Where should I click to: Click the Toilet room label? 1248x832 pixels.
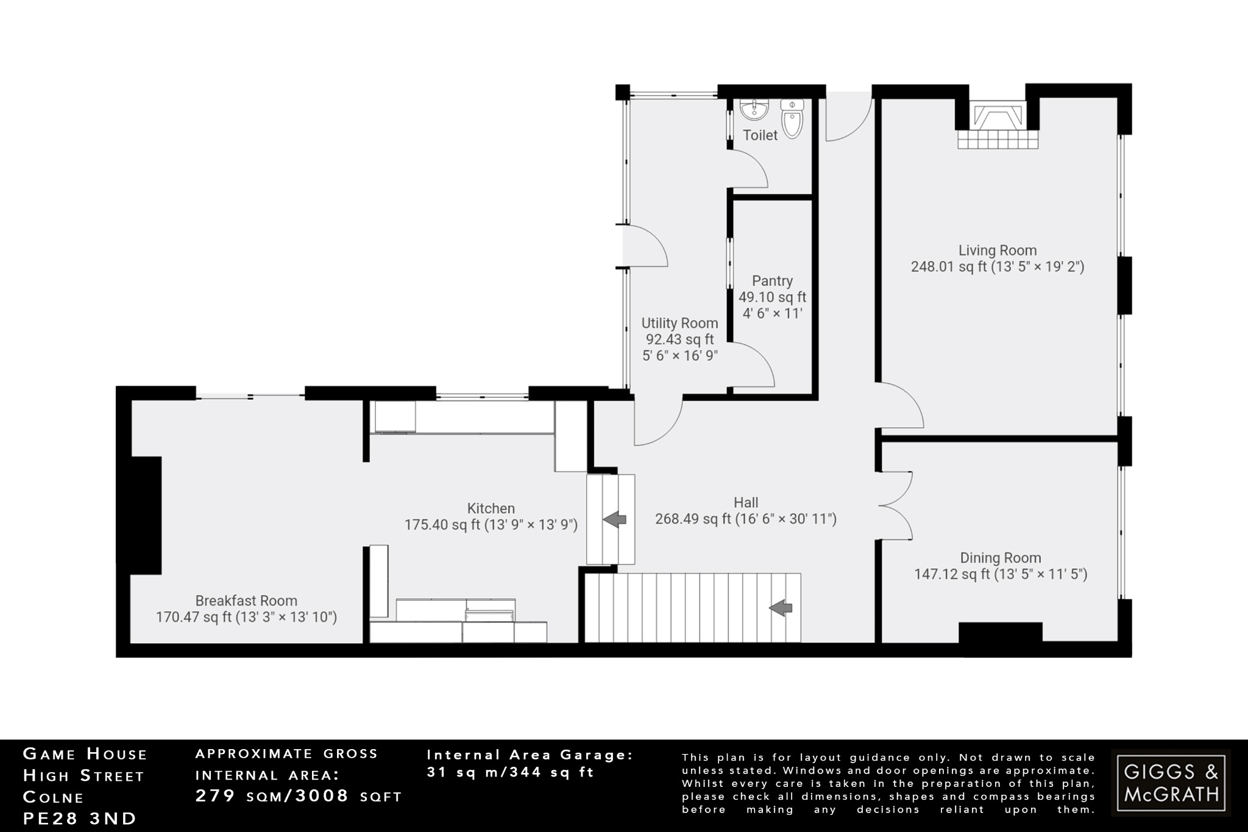point(760,135)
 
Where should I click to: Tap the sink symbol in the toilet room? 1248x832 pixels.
point(754,110)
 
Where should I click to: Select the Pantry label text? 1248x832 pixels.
point(772,281)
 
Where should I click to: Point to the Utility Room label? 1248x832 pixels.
point(679,323)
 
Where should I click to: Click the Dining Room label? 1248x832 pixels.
point(1000,558)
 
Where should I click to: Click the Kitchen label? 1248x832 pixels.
point(491,508)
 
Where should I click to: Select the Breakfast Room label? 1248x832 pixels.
point(246,601)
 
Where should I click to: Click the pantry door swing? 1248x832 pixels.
point(753,364)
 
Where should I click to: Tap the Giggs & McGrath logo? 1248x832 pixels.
point(1171,783)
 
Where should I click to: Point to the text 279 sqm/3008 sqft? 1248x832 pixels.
point(299,796)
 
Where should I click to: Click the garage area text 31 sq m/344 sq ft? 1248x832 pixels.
point(510,772)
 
